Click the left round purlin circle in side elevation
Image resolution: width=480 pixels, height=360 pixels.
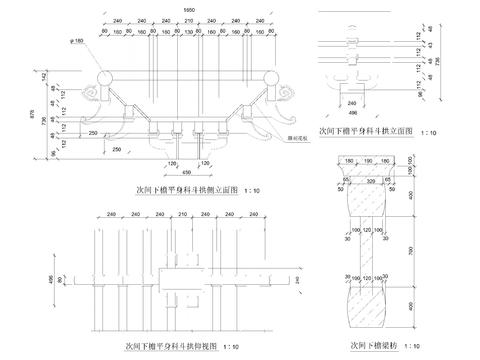(105, 77)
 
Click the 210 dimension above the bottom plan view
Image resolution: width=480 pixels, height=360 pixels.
(189, 214)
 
